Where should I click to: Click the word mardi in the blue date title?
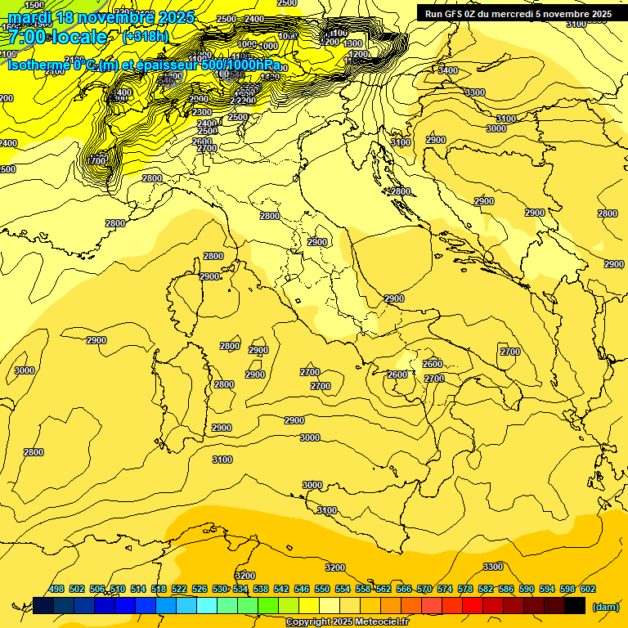(26, 17)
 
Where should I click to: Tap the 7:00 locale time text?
(57, 37)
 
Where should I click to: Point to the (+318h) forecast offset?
(146, 37)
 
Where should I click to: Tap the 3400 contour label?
(447, 71)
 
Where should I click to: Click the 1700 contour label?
(96, 160)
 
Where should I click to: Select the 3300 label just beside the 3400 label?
(474, 92)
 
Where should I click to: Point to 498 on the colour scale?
(56, 589)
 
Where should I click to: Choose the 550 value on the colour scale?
(322, 589)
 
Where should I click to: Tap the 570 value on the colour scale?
(424, 589)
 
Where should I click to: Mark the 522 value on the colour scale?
(179, 589)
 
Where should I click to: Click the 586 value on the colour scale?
(506, 589)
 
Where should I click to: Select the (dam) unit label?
(606, 607)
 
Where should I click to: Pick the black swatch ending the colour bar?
(575, 605)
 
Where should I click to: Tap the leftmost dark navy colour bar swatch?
(43, 605)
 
